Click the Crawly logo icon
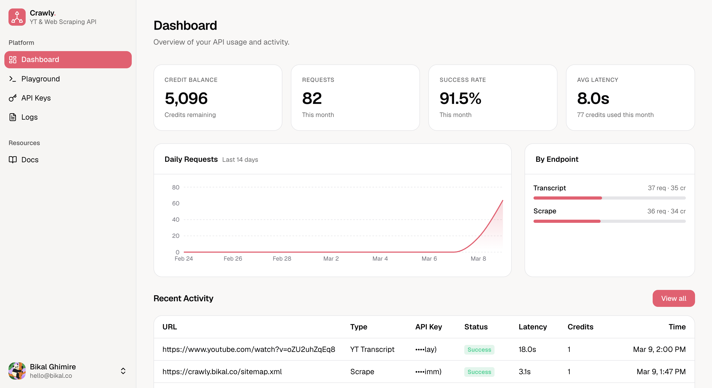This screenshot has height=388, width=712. (17, 17)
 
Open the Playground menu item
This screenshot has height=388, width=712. (40, 79)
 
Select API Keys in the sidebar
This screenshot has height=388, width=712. (36, 98)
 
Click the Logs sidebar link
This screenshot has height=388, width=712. (29, 117)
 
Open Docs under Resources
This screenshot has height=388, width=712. (30, 160)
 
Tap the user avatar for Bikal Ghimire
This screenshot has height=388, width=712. (17, 371)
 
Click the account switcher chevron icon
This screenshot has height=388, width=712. (123, 371)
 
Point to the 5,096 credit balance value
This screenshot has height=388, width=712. (186, 98)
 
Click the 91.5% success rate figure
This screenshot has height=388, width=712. (460, 98)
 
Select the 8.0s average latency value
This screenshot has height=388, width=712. (593, 98)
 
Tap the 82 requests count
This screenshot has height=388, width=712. (312, 98)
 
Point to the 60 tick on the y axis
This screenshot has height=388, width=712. (176, 203)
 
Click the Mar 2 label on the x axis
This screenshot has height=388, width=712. (331, 259)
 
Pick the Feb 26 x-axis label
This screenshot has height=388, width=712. (233, 259)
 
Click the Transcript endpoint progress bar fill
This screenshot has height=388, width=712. (567, 198)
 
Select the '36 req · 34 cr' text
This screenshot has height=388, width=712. (666, 211)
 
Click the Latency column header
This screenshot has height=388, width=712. (533, 327)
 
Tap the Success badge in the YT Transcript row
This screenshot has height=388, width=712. (479, 349)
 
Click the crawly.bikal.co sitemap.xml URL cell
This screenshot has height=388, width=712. (222, 372)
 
